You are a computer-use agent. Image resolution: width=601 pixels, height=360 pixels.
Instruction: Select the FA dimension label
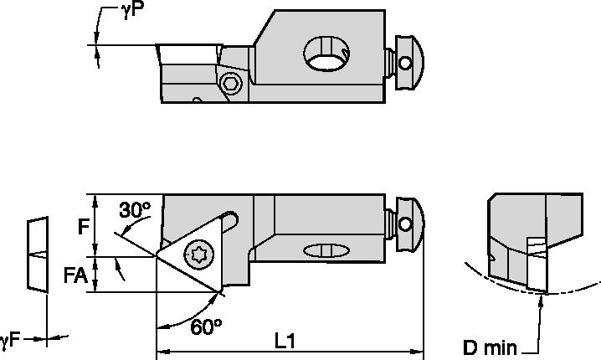78,275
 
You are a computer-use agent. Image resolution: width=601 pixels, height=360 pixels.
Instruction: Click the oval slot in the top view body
326,250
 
